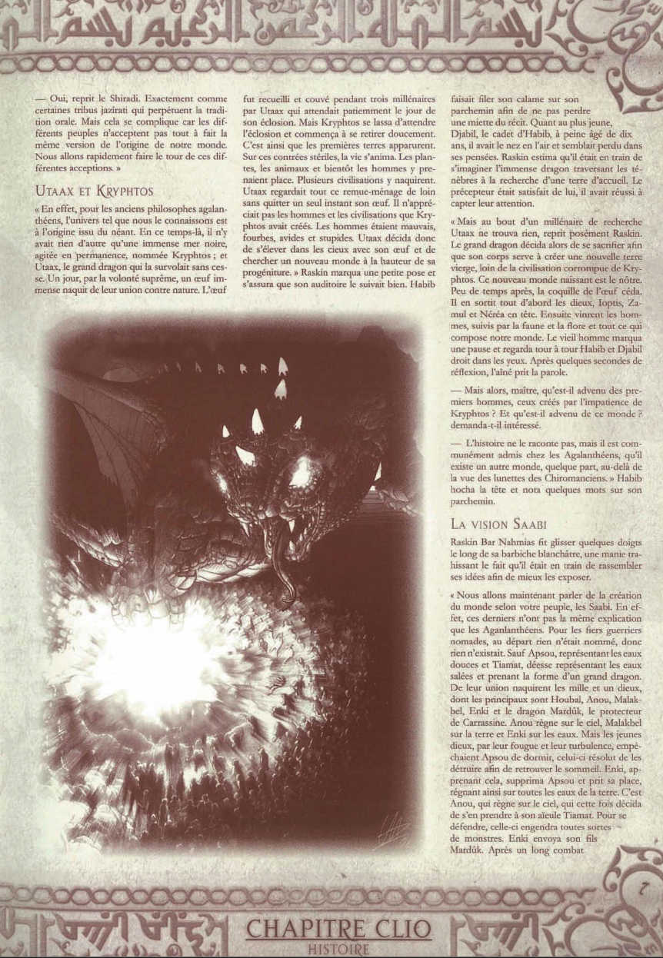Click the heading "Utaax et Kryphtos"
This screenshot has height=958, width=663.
pyautogui.click(x=94, y=191)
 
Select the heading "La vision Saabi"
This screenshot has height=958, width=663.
pyautogui.click(x=498, y=524)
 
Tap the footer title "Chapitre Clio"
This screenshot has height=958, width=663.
pyautogui.click(x=338, y=928)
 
